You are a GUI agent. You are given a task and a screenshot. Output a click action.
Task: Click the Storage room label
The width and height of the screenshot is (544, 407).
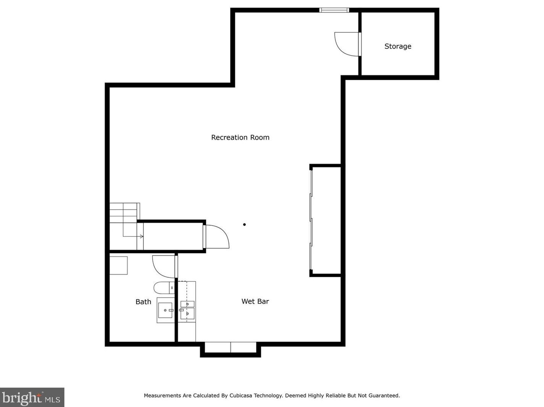point(398,46)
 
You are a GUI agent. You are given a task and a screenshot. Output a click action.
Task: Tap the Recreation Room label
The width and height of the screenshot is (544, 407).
point(240,137)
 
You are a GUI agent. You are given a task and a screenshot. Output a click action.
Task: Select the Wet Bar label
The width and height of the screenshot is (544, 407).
point(255,301)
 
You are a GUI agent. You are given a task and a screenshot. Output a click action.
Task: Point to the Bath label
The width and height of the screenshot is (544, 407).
point(143,302)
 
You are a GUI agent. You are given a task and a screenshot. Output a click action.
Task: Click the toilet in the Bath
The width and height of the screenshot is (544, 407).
point(163,287)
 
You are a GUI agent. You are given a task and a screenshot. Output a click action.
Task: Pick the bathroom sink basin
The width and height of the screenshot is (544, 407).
point(165,310)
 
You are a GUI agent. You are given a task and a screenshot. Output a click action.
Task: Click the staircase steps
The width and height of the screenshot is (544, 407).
point(123,213)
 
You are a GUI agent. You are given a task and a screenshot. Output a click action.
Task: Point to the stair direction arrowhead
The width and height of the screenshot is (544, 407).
point(142,236)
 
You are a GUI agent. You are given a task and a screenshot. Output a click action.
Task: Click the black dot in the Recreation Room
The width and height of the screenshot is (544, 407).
point(245,224)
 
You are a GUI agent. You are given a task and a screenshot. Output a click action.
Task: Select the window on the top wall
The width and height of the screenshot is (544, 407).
point(334,10)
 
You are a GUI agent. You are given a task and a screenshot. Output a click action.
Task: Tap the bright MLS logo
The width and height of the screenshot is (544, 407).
point(32,397)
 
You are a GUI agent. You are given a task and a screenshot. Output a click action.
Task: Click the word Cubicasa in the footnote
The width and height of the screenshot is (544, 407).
point(239,396)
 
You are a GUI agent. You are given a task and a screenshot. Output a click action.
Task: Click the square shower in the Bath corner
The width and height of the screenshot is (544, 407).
point(119,265)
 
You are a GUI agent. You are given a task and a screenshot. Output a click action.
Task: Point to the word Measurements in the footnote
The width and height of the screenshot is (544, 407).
point(162,396)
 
